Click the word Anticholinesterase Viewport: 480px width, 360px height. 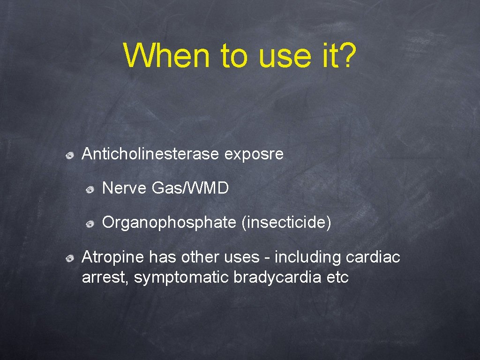point(150,154)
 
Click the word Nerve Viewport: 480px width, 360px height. point(125,188)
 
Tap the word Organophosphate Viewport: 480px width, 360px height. point(169,223)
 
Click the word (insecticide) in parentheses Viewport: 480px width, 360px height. point(286,223)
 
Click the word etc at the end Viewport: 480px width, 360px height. point(338,277)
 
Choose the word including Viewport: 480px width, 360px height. point(307,257)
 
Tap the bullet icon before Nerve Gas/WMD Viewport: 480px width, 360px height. point(90,189)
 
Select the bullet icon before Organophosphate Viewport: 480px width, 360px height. point(90,224)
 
